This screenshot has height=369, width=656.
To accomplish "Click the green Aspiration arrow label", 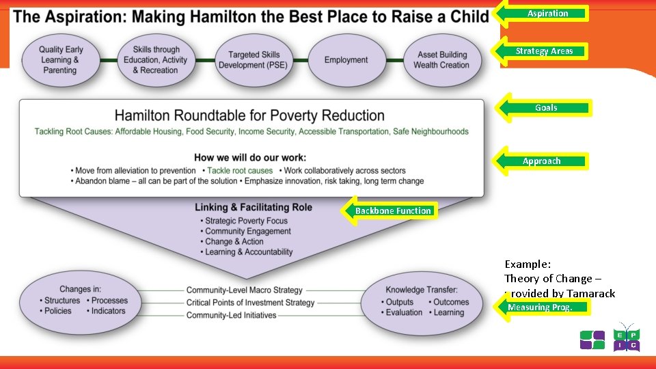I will click(547, 13).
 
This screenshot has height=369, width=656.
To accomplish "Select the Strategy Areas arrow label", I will click(545, 51).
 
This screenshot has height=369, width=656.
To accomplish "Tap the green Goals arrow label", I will click(546, 108).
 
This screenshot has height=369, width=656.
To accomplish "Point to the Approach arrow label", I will click(542, 161).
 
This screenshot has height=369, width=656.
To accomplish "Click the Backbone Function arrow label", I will click(393, 211).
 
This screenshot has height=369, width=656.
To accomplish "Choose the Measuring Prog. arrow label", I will click(540, 307).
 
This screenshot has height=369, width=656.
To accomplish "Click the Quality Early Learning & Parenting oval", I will click(60, 60).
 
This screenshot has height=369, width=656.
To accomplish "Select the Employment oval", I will click(346, 60).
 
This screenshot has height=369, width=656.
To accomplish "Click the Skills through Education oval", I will click(156, 60).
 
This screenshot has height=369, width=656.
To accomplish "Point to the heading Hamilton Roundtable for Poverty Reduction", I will click(249, 115).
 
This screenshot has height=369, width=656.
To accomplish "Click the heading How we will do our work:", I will click(250, 157).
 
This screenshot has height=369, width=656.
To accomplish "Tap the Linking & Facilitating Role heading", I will click(253, 208).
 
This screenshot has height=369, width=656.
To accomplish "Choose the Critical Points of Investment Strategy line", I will click(250, 303).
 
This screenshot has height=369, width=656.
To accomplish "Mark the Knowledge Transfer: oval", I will click(422, 301).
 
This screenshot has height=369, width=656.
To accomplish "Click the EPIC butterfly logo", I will click(626, 338).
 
